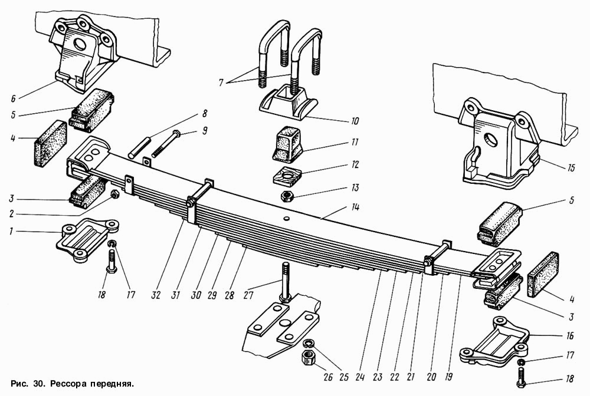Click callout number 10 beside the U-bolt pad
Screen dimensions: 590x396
(x=355, y=121)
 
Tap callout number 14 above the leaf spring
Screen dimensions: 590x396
(x=355, y=207)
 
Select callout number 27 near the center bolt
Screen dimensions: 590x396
(x=248, y=295)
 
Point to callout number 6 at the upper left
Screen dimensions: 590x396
(x=13, y=99)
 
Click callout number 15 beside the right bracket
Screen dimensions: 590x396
(x=571, y=167)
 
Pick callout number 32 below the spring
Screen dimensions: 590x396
(x=155, y=295)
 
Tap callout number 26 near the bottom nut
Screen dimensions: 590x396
(x=328, y=377)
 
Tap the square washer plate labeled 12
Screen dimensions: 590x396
(x=287, y=175)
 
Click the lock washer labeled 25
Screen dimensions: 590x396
(x=309, y=342)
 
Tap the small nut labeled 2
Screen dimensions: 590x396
(x=114, y=194)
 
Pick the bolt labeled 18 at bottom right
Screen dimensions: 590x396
(x=521, y=377)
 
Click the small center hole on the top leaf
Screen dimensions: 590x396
(x=287, y=218)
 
